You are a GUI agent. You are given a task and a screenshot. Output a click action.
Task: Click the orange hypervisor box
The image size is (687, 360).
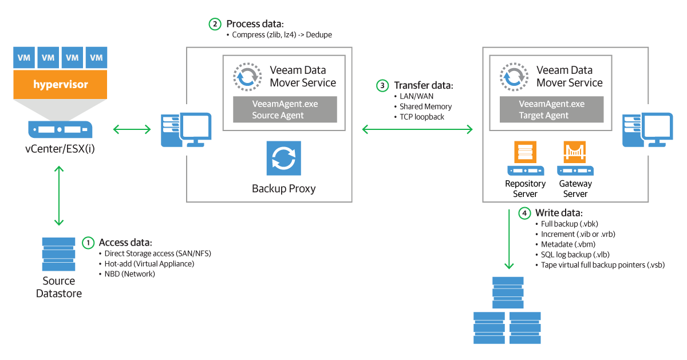tap(60, 84)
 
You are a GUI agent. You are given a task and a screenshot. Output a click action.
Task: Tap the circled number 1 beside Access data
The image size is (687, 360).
tap(88, 242)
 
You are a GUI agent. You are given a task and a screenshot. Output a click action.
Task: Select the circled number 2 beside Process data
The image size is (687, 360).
tap(214, 24)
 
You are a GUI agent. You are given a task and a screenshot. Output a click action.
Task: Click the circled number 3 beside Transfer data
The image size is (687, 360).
tap(382, 85)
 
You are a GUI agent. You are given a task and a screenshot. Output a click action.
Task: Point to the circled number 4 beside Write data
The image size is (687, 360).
tap(524, 213)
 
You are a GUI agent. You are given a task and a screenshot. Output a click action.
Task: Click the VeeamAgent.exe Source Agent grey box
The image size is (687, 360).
tap(285, 109)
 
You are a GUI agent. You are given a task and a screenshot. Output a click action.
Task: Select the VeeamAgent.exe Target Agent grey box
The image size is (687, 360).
tap(551, 109)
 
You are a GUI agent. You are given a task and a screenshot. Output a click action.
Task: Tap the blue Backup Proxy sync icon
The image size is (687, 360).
tap(283, 159)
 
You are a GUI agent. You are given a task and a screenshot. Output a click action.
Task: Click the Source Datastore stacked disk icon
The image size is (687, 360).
tap(58, 254)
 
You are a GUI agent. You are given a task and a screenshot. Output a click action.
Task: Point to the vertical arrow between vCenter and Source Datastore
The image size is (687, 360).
tap(57, 196)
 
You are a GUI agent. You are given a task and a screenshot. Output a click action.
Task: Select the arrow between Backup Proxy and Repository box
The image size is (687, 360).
tap(417, 130)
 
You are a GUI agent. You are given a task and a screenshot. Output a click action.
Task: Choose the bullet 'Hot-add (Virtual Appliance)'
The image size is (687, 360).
tap(149, 264)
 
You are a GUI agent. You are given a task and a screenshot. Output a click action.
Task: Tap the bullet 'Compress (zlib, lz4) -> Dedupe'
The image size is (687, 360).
tap(282, 35)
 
